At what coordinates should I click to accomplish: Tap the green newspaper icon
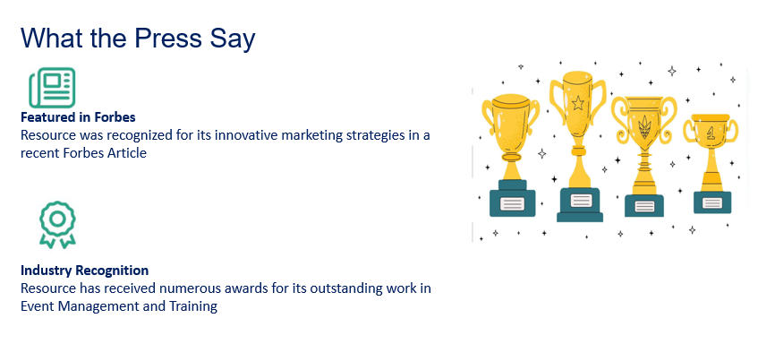coord(52,88)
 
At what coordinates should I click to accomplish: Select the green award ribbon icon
coord(57,225)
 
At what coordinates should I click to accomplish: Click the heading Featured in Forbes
coord(78,117)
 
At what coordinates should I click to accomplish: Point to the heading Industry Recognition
coord(85,270)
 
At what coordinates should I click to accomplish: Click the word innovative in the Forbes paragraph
coord(245,135)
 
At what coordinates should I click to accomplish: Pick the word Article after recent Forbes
coord(128,153)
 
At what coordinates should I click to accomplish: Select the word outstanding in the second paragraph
coord(345,288)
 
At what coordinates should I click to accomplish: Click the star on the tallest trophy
coord(578,103)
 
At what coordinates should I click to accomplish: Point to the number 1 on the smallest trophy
coord(711,134)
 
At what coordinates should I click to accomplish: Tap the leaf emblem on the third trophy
coord(645,127)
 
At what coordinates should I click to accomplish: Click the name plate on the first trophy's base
coord(512,203)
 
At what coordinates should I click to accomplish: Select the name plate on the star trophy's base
coord(580,201)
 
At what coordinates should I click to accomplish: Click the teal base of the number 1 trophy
coord(712,202)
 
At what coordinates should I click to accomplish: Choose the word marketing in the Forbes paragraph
coord(311,135)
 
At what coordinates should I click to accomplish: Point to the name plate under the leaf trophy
coord(644,206)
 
